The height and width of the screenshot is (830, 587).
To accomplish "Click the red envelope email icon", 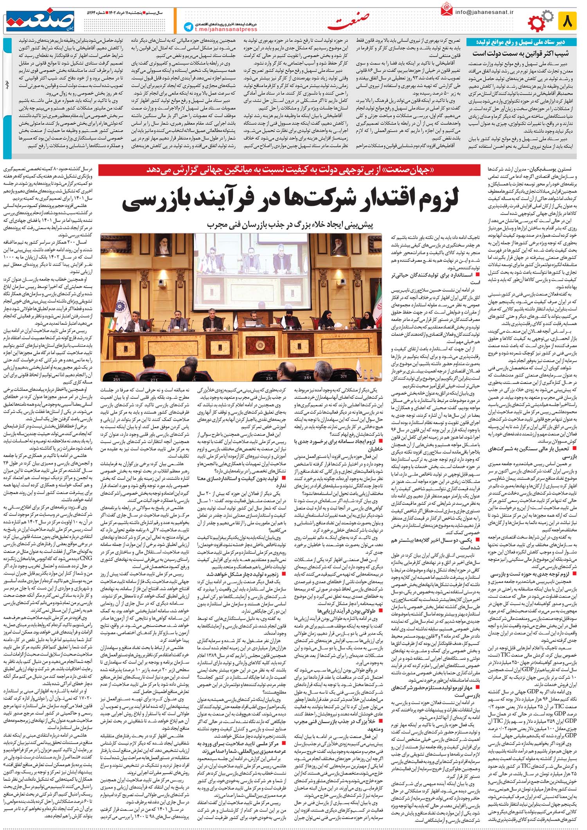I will [446, 10].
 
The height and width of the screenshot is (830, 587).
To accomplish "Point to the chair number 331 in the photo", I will [269, 378].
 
